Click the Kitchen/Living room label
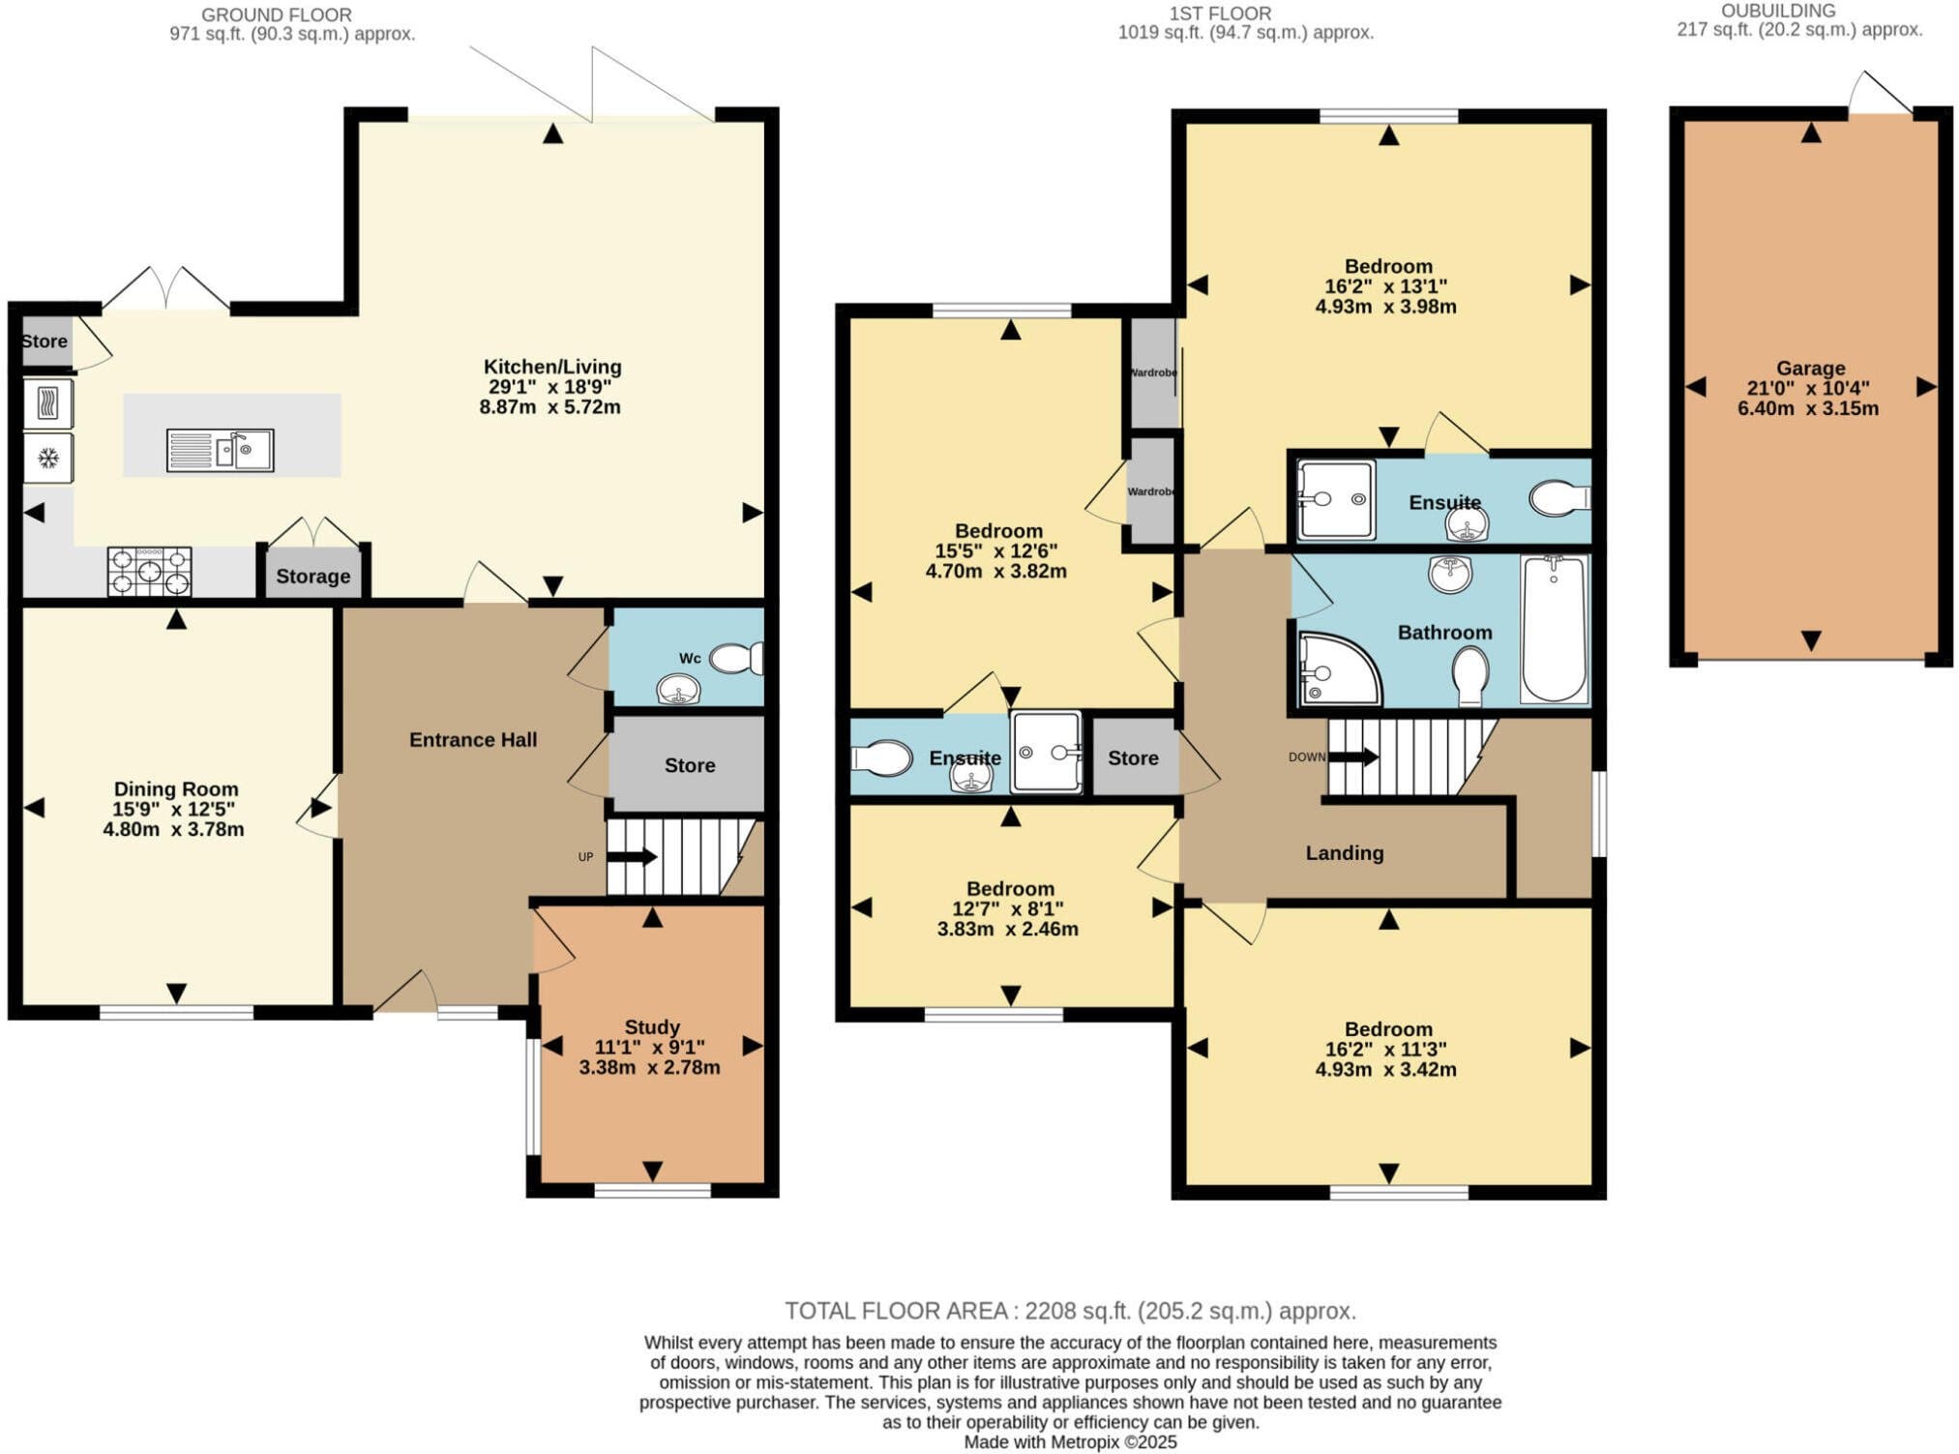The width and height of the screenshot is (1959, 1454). (x=552, y=367)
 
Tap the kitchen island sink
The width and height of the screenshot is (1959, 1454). (x=220, y=450)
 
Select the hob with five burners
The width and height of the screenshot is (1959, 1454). (x=150, y=571)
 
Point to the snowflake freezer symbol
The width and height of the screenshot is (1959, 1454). (x=47, y=458)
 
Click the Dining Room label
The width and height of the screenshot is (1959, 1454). (x=175, y=788)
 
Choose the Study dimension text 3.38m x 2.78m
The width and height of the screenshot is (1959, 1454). (x=650, y=1067)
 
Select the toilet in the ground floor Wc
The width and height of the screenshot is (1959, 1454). (x=736, y=659)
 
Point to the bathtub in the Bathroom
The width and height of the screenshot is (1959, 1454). (x=1554, y=628)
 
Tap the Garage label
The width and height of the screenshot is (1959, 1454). (x=1810, y=368)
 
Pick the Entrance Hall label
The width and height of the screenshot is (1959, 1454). (x=473, y=740)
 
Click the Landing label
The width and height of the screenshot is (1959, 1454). (x=1345, y=852)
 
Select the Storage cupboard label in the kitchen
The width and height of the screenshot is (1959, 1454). (x=312, y=577)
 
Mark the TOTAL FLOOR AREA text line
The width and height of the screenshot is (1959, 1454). (x=1070, y=1311)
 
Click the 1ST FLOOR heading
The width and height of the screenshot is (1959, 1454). (x=1220, y=14)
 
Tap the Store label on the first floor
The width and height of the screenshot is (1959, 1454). (x=1133, y=757)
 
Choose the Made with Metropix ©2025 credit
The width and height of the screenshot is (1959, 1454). (x=1070, y=1441)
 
